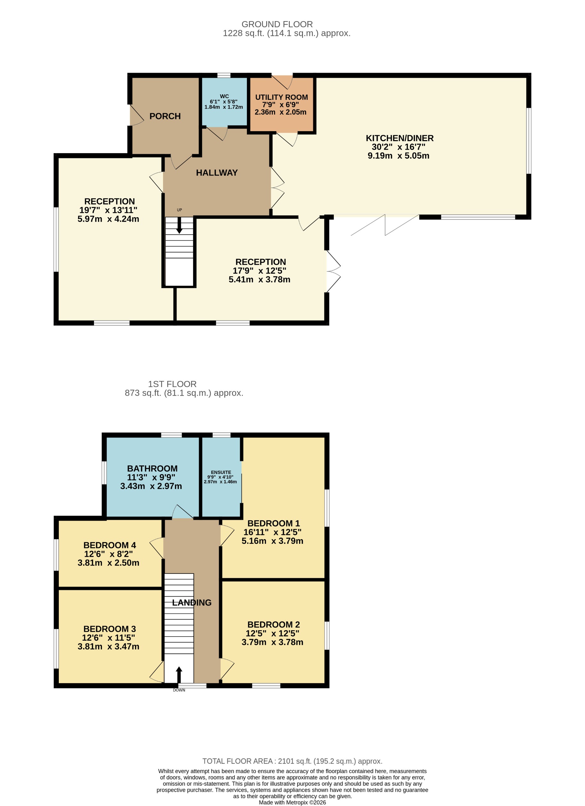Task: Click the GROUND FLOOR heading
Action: pos(277,24)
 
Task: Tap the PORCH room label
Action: pos(165,116)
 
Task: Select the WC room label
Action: pos(224,96)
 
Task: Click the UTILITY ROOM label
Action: pos(281,97)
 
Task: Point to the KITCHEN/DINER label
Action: pos(399,138)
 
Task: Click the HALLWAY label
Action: pos(217,173)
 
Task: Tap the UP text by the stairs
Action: pos(179,210)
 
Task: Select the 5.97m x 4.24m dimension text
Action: pos(108,219)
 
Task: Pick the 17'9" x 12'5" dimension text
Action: pos(259,271)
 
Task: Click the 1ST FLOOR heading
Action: pos(172,384)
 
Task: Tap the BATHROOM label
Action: pos(152,469)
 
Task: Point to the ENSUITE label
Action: pos(221,472)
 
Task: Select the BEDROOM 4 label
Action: pos(109,545)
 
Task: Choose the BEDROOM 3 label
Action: pos(109,629)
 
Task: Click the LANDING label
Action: pos(192,603)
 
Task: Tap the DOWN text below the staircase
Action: pos(179,690)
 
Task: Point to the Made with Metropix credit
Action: pos(292,802)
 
